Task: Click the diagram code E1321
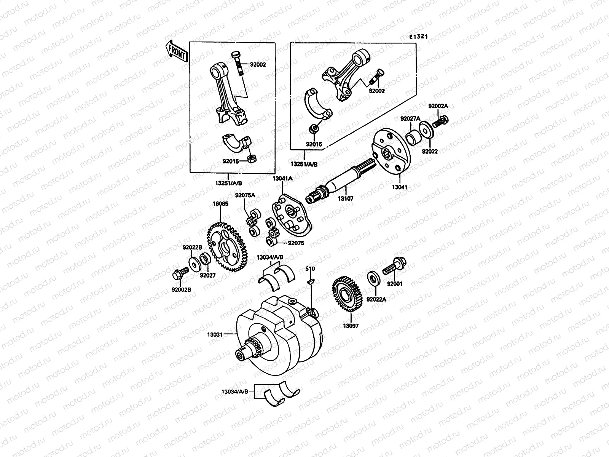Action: (418, 37)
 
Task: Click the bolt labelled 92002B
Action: (180, 272)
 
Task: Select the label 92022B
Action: (192, 247)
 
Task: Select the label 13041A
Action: (282, 178)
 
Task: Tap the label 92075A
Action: (245, 195)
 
